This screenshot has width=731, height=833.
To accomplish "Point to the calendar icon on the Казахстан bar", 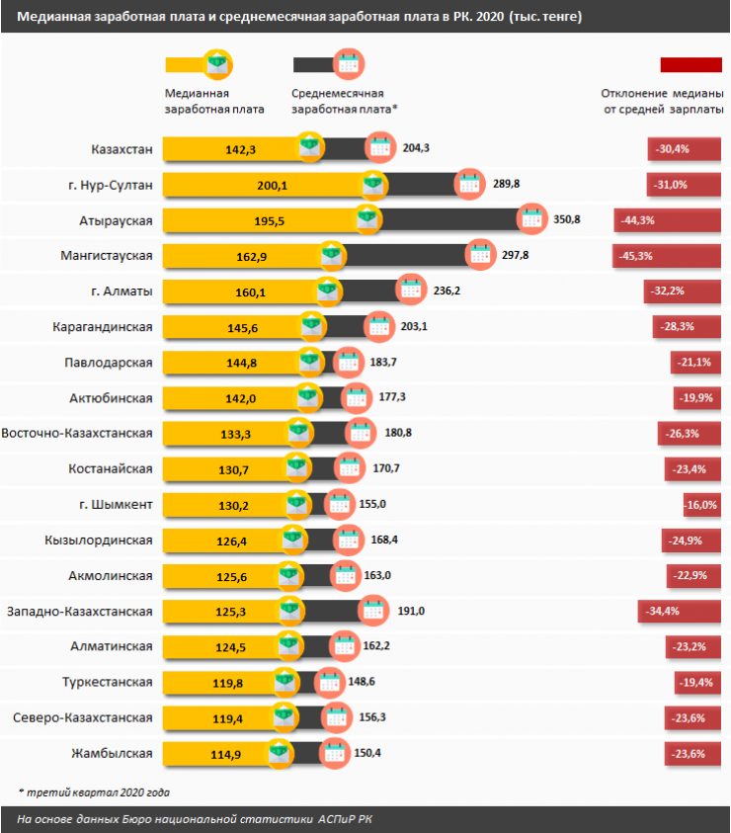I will click(x=379, y=148).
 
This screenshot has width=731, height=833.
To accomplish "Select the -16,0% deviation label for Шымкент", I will click(x=702, y=505).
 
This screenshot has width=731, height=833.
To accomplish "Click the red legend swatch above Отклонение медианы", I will click(x=691, y=64).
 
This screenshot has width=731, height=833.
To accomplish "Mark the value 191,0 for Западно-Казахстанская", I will click(x=410, y=612).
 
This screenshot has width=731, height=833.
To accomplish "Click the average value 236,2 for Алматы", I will click(x=448, y=292).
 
